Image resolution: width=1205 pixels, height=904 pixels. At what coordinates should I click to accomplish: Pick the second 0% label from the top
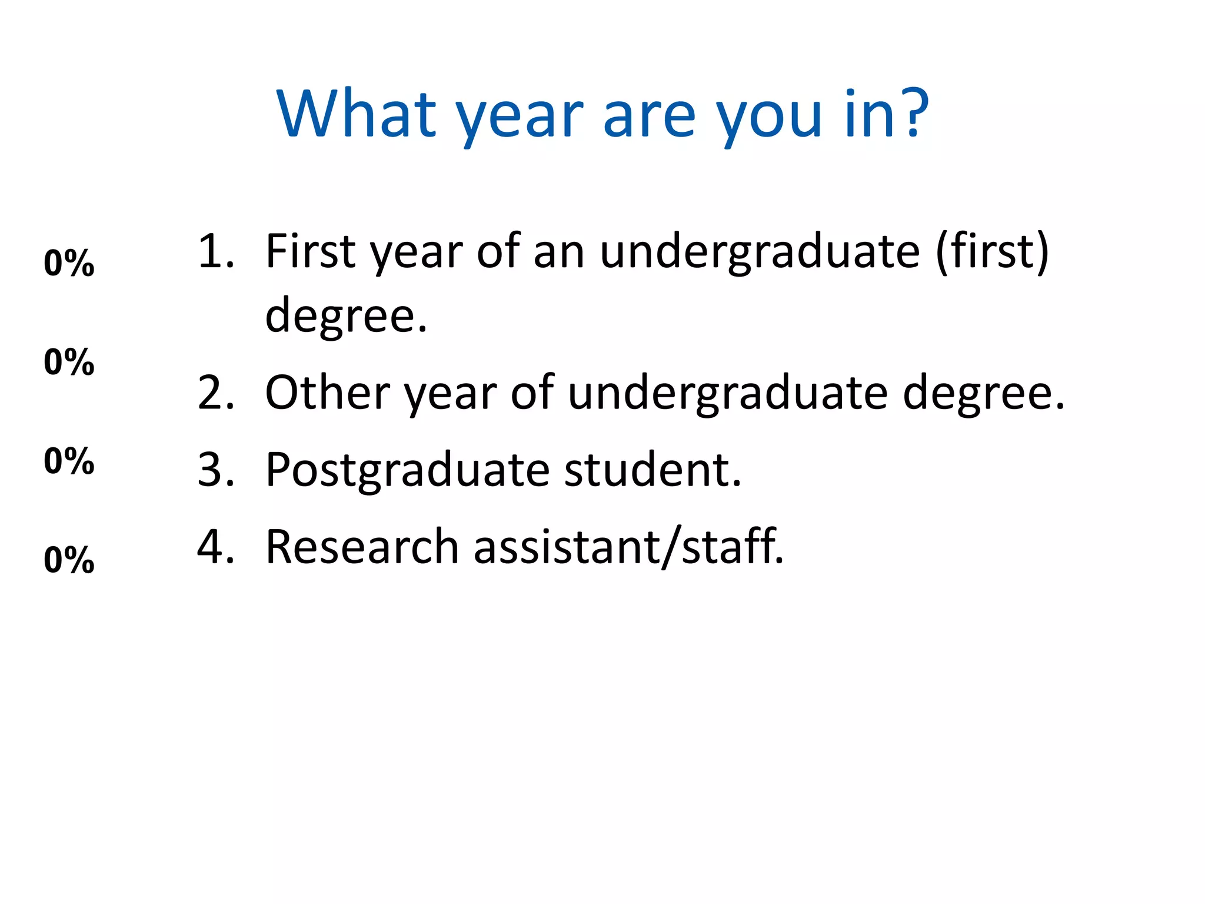[x=69, y=361]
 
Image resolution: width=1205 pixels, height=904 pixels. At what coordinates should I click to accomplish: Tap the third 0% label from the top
[x=69, y=460]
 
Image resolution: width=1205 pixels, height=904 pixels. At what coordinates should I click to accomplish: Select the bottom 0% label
[x=69, y=559]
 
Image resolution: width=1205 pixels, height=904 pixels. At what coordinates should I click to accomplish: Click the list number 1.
[x=215, y=252]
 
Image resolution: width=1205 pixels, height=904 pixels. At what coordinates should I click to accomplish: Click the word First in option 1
[x=311, y=252]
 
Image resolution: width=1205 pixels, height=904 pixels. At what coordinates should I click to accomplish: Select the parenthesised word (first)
[x=992, y=252]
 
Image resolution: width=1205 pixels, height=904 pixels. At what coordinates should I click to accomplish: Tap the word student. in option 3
[x=653, y=470]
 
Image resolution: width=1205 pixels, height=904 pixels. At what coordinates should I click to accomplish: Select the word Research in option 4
[x=362, y=547]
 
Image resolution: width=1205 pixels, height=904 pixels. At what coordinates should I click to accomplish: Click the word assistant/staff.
[x=628, y=547]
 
